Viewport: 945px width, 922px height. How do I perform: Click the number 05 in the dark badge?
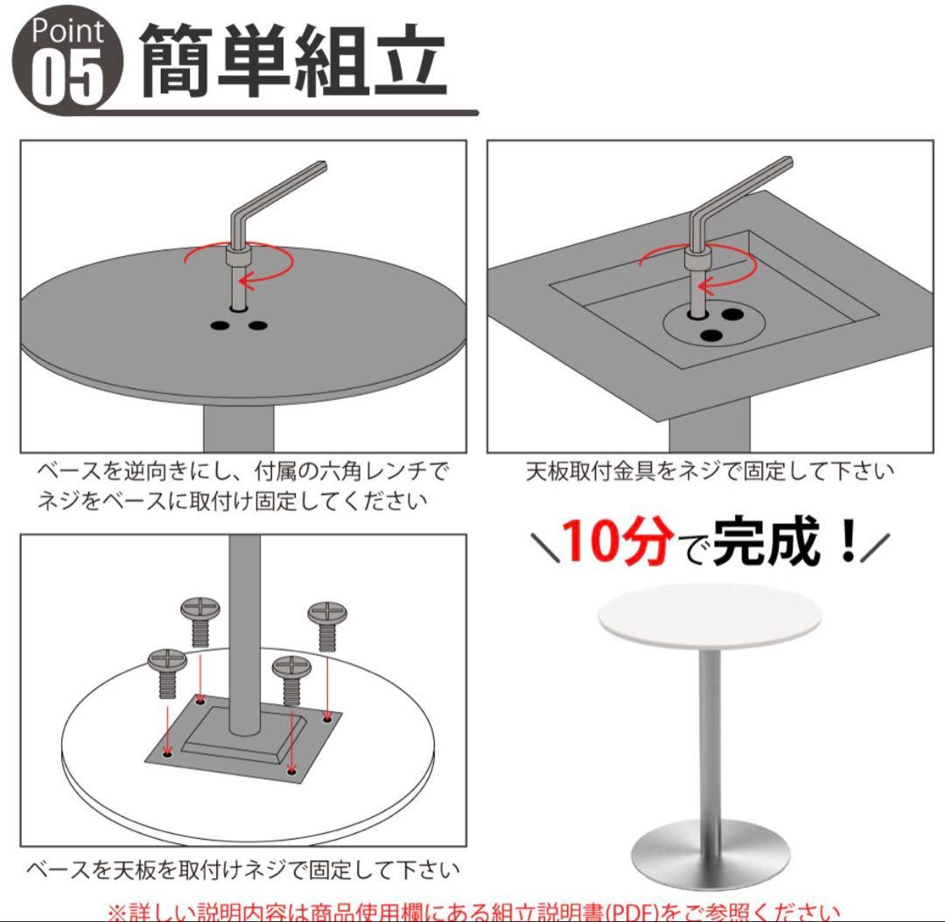(68, 80)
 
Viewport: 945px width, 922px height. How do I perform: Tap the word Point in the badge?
(68, 32)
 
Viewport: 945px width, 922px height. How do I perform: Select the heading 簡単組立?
(294, 61)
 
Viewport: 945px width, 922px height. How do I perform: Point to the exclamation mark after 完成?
(846, 544)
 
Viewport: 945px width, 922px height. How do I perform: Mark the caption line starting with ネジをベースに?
(232, 502)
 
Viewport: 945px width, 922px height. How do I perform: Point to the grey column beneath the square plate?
(710, 433)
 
